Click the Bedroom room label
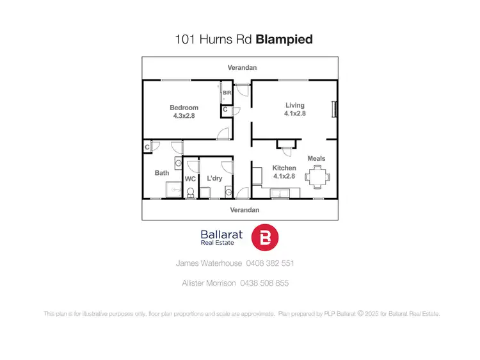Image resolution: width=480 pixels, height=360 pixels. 184,108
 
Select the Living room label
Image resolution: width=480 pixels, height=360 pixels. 294,105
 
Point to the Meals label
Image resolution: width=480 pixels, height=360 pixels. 316,158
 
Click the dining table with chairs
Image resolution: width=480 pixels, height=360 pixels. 317,175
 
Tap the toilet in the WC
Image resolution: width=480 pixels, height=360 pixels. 190,191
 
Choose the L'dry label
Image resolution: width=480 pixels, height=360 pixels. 214,178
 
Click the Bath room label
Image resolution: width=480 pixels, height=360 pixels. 161,173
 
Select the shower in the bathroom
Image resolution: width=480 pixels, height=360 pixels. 173,190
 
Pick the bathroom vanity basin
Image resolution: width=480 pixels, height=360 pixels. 178,164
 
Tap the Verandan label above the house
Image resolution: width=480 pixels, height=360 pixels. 241,67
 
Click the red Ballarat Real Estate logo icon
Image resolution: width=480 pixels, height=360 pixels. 265,238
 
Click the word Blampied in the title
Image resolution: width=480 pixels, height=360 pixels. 284,39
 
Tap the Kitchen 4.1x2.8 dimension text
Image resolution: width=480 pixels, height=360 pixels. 284,176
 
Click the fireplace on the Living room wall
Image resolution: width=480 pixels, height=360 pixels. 332,110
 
